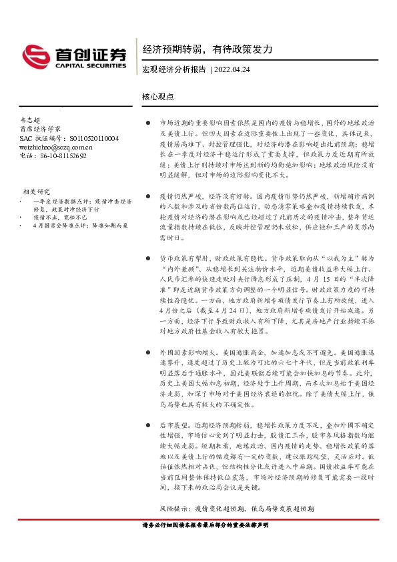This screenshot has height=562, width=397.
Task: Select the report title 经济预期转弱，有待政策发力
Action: (x=208, y=49)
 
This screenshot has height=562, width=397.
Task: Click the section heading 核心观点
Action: (x=158, y=96)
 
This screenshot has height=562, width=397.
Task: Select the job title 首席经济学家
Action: (x=40, y=129)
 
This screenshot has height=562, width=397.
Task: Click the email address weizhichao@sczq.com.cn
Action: (x=56, y=147)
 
